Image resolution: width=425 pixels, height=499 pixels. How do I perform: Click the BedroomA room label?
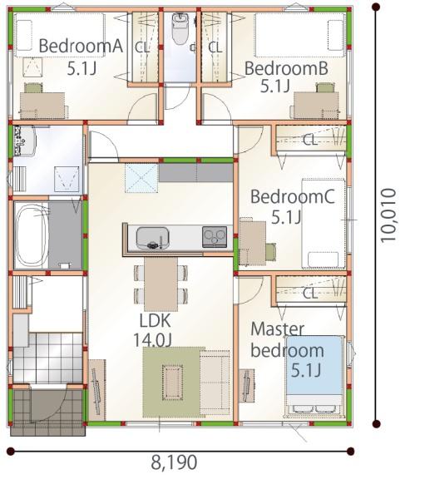[81, 46]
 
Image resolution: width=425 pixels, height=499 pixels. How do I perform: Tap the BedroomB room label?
[286, 68]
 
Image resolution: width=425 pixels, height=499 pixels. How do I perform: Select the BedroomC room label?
[293, 196]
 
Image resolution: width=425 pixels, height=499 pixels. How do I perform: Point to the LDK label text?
[156, 321]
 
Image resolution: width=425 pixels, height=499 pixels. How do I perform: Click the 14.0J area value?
[152, 339]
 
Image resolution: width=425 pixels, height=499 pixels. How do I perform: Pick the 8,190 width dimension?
[174, 462]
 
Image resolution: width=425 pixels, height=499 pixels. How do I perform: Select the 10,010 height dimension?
[388, 215]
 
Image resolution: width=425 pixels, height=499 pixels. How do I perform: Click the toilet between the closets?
[180, 28]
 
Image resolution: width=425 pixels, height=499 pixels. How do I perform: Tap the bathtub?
[32, 236]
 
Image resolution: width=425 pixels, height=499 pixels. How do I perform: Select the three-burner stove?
[215, 237]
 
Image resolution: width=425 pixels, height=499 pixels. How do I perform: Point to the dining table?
[161, 284]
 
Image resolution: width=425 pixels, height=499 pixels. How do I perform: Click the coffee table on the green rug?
[172, 383]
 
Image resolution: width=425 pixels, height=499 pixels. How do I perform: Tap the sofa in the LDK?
[215, 383]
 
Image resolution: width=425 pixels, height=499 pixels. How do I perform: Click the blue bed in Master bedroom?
[314, 376]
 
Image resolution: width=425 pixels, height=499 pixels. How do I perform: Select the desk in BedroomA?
[42, 106]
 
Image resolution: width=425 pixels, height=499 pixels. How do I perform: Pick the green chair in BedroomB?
[326, 87]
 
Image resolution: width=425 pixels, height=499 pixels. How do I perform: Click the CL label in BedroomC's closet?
[310, 140]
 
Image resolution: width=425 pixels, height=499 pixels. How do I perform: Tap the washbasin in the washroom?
[24, 141]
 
